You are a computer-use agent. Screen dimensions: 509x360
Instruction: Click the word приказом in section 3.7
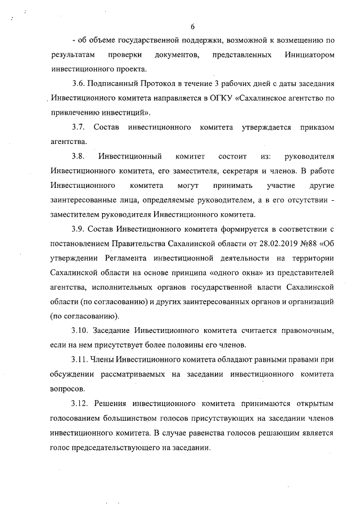[316, 128]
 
